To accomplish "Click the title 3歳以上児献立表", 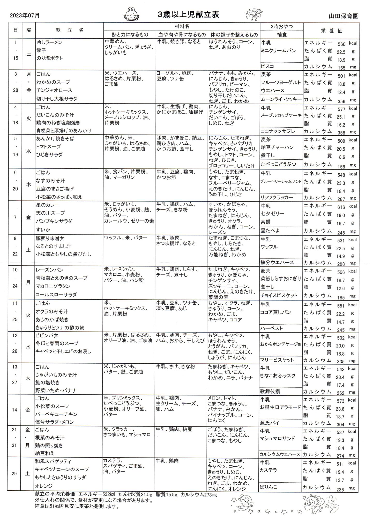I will tap(189, 15).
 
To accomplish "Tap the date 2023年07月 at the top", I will tap(25, 16).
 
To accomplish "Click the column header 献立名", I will tap(70, 30).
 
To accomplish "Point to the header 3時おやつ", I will tap(281, 26).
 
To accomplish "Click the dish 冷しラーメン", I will tap(49, 42).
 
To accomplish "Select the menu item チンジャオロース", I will tap(54, 90).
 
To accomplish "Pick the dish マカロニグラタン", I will tap(53, 286).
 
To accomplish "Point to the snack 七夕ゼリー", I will tap(273, 214).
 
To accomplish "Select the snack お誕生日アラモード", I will tap(281, 407).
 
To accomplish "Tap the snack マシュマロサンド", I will tap(278, 438).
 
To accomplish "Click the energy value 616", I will tap(341, 207).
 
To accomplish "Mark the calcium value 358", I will tap(341, 133).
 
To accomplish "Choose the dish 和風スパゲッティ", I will tap(54, 461).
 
